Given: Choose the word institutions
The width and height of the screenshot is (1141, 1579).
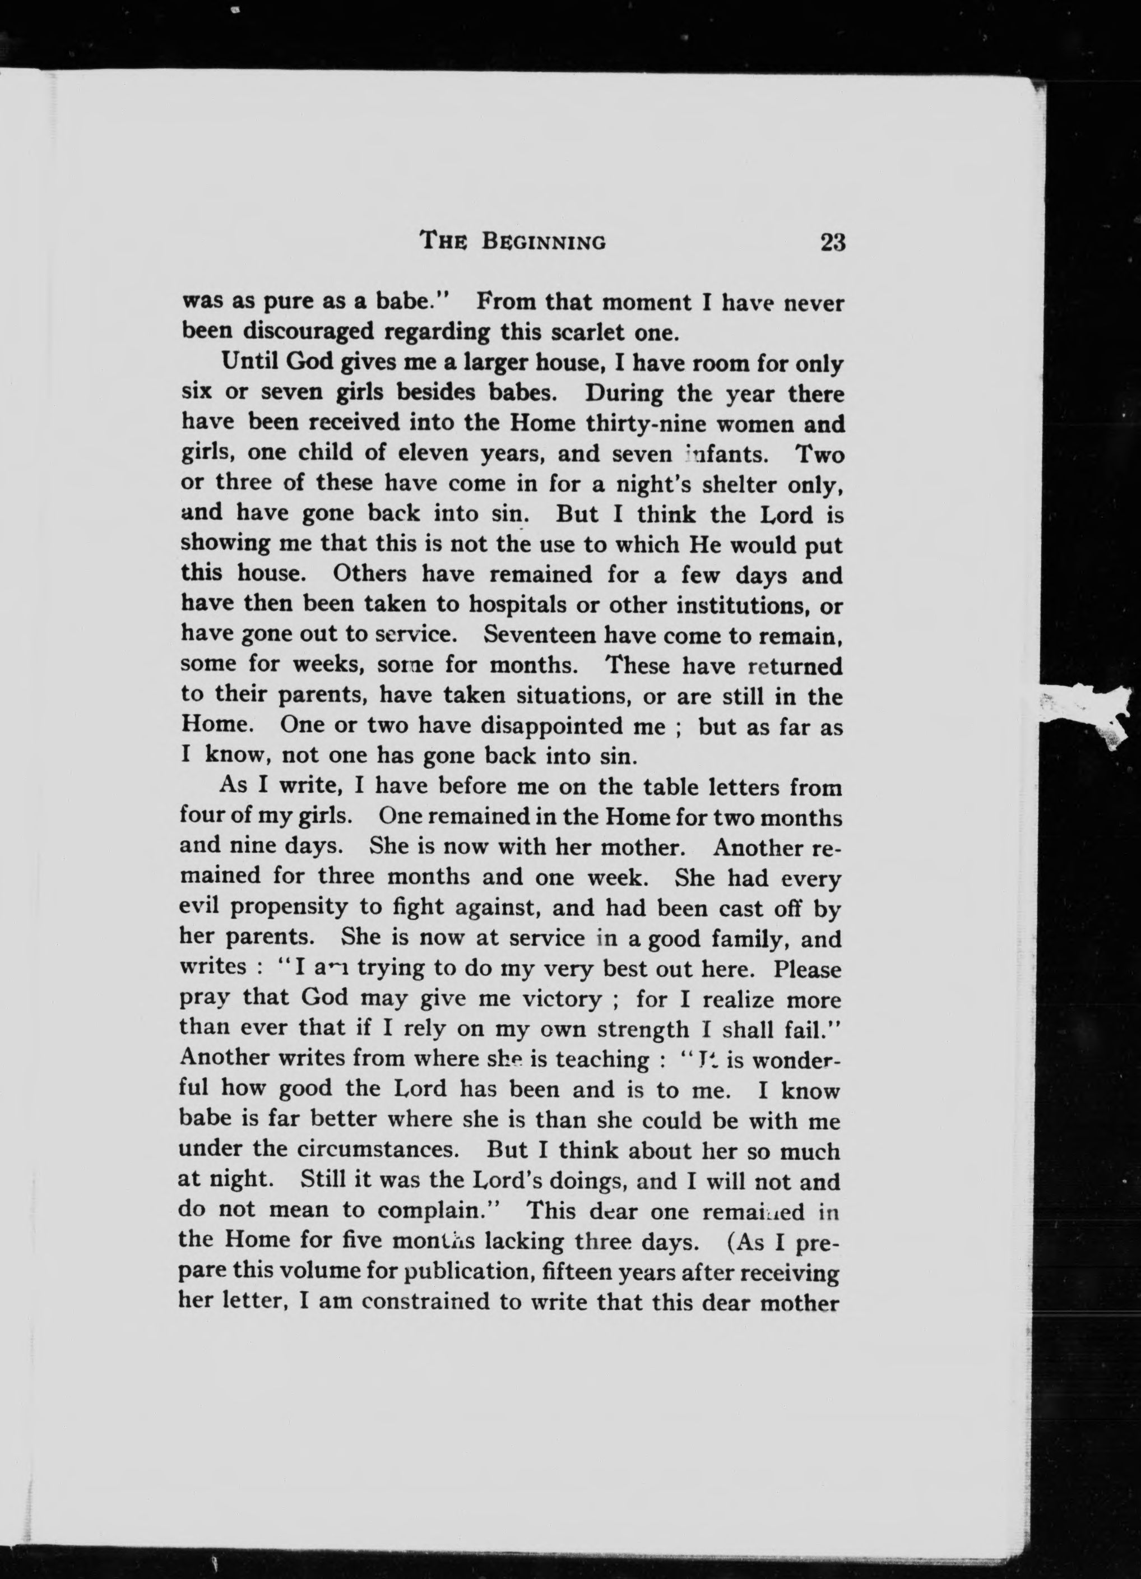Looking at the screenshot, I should [x=742, y=604].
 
